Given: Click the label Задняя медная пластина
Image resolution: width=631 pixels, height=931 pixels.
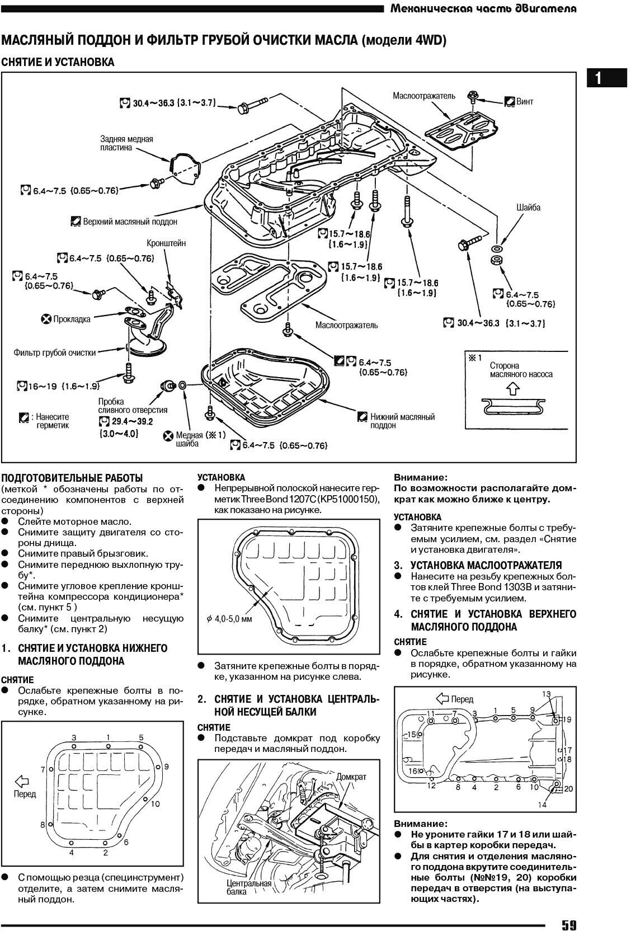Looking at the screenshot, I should click(x=126, y=143).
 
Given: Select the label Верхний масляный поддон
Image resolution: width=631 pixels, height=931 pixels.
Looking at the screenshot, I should click(x=130, y=222).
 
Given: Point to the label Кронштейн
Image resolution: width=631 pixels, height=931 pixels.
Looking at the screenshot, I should click(x=166, y=244).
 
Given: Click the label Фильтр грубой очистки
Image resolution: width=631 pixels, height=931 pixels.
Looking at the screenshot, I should click(x=55, y=353).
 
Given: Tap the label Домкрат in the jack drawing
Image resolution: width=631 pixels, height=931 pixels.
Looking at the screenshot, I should click(x=351, y=777).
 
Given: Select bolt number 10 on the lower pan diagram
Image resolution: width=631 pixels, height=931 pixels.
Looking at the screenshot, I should click(x=156, y=804).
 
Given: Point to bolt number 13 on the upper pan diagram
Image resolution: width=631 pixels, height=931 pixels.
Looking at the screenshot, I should click(x=547, y=694).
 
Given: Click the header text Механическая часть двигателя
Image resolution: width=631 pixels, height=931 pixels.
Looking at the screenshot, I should click(x=483, y=10).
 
